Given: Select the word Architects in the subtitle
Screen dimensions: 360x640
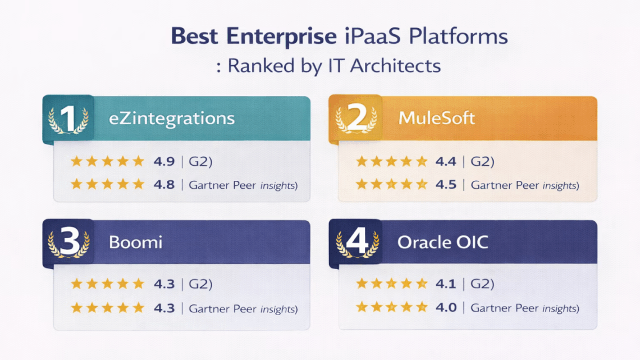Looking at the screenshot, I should pos(395,66).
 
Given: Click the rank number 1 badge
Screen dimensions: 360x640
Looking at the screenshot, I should pos(68,119).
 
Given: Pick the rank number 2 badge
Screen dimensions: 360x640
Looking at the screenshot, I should pos(355,119).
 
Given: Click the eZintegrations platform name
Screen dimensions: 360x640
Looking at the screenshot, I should pos(171,119).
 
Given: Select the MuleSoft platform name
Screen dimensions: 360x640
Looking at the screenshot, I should pos(436,119).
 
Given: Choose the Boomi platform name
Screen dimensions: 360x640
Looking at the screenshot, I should pos(135,243).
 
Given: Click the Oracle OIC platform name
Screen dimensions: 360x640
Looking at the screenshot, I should pos(442,243).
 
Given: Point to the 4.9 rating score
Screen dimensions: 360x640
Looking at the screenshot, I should pos(164,162).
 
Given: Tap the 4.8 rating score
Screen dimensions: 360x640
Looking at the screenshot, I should pos(164,184).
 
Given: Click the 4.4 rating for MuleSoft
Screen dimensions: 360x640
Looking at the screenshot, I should pos(446,162).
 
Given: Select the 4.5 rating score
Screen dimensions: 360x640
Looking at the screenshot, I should pos(446,184).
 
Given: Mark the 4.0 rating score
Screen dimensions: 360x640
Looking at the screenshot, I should pos(446,308).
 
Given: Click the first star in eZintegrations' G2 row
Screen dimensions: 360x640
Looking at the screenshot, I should pos(76,162).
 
